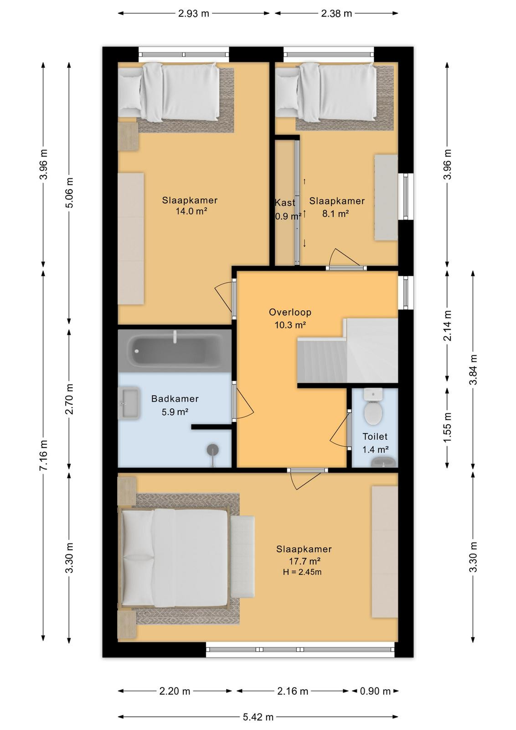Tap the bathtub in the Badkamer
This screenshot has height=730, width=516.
point(175,350)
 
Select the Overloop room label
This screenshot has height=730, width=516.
point(290,312)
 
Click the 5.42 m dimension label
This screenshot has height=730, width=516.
point(258,717)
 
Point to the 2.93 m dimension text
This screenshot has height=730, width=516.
point(193,13)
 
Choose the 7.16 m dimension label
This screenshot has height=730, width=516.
point(43,455)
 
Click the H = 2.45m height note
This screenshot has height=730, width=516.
point(302,572)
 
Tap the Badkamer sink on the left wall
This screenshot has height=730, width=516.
point(129,403)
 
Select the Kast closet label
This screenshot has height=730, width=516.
point(285,203)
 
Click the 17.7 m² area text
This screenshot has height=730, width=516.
point(304,561)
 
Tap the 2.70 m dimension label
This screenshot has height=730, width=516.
point(69,399)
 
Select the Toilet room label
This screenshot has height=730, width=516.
point(375,436)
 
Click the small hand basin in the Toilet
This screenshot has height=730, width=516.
point(384,462)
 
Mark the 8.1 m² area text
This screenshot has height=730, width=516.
point(335,214)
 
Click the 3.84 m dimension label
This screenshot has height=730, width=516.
point(473,370)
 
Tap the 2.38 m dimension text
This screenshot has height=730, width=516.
point(336,13)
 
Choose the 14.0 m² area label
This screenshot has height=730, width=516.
point(191,211)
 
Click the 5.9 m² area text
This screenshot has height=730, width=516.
point(175,412)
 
